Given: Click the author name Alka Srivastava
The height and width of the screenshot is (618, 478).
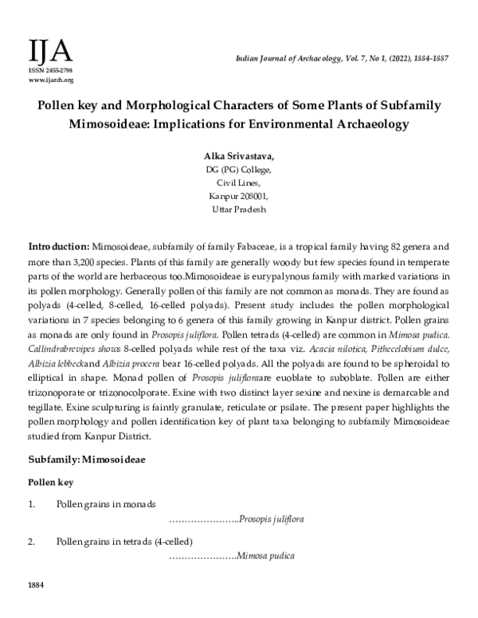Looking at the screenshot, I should [238, 157].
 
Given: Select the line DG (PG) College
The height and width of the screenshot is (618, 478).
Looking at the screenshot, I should [238, 170].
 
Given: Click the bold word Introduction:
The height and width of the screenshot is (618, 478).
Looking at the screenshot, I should [59, 247].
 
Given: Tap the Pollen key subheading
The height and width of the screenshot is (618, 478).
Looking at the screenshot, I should [51, 483].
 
